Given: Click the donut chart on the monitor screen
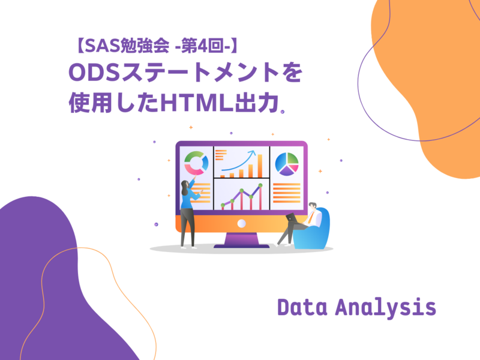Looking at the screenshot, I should (x=196, y=162).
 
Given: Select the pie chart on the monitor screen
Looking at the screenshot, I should (x=287, y=162).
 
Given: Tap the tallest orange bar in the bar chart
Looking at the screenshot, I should (x=260, y=165).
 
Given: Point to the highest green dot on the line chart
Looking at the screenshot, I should (x=261, y=187).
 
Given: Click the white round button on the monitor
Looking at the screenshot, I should (x=241, y=223).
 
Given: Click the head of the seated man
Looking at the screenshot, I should (x=313, y=207).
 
